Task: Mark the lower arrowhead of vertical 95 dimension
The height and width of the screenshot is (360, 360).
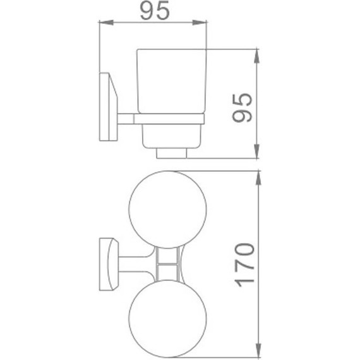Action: pyautogui.click(x=256, y=153)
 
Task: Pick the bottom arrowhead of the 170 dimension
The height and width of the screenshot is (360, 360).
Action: pyautogui.click(x=256, y=348)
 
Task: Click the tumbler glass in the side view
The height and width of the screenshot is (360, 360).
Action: pyautogui.click(x=169, y=82)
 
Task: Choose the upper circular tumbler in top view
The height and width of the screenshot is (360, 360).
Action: pyautogui.click(x=166, y=210)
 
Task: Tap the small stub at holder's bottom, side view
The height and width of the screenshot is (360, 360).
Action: pyautogui.click(x=171, y=153)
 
